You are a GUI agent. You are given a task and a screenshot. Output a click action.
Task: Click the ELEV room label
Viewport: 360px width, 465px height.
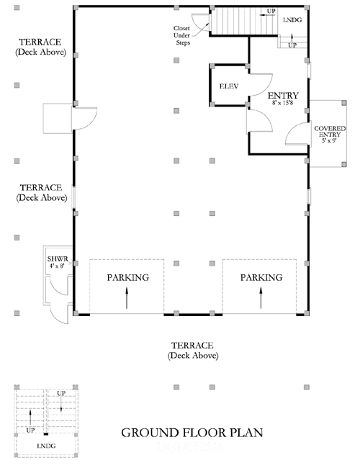click(229, 86)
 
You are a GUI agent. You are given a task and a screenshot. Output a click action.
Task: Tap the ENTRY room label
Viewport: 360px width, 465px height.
click(283, 96)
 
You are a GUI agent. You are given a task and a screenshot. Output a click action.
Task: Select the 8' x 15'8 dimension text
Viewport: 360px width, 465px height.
click(283, 103)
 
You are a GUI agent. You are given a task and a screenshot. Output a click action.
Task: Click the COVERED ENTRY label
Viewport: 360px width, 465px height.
click(330, 132)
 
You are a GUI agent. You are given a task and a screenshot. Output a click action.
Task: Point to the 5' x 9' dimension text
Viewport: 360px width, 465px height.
click(329, 140)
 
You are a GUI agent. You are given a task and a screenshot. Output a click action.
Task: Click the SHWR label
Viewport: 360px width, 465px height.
click(58, 259)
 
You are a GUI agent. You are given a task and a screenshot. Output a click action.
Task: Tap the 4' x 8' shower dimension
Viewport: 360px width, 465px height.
click(57, 266)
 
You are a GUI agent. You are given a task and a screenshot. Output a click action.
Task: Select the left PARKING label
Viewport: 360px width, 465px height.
click(128, 278)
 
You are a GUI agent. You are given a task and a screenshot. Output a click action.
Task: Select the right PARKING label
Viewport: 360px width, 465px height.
click(261, 278)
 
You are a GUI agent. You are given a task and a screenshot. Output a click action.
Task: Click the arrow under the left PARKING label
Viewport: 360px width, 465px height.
click(127, 298)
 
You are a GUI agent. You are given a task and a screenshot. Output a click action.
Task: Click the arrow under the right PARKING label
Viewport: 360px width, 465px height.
click(261, 298)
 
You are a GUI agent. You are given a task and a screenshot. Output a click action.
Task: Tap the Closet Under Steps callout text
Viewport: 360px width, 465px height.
click(182, 35)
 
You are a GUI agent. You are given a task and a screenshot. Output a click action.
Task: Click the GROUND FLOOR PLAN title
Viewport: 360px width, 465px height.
click(192, 433)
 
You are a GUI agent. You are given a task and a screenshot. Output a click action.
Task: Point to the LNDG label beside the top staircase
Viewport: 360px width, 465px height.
click(292, 20)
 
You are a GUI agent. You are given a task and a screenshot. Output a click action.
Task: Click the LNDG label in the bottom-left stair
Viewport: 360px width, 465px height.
click(46, 446)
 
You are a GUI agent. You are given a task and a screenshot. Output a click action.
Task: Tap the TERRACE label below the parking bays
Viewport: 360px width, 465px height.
click(192, 346)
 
